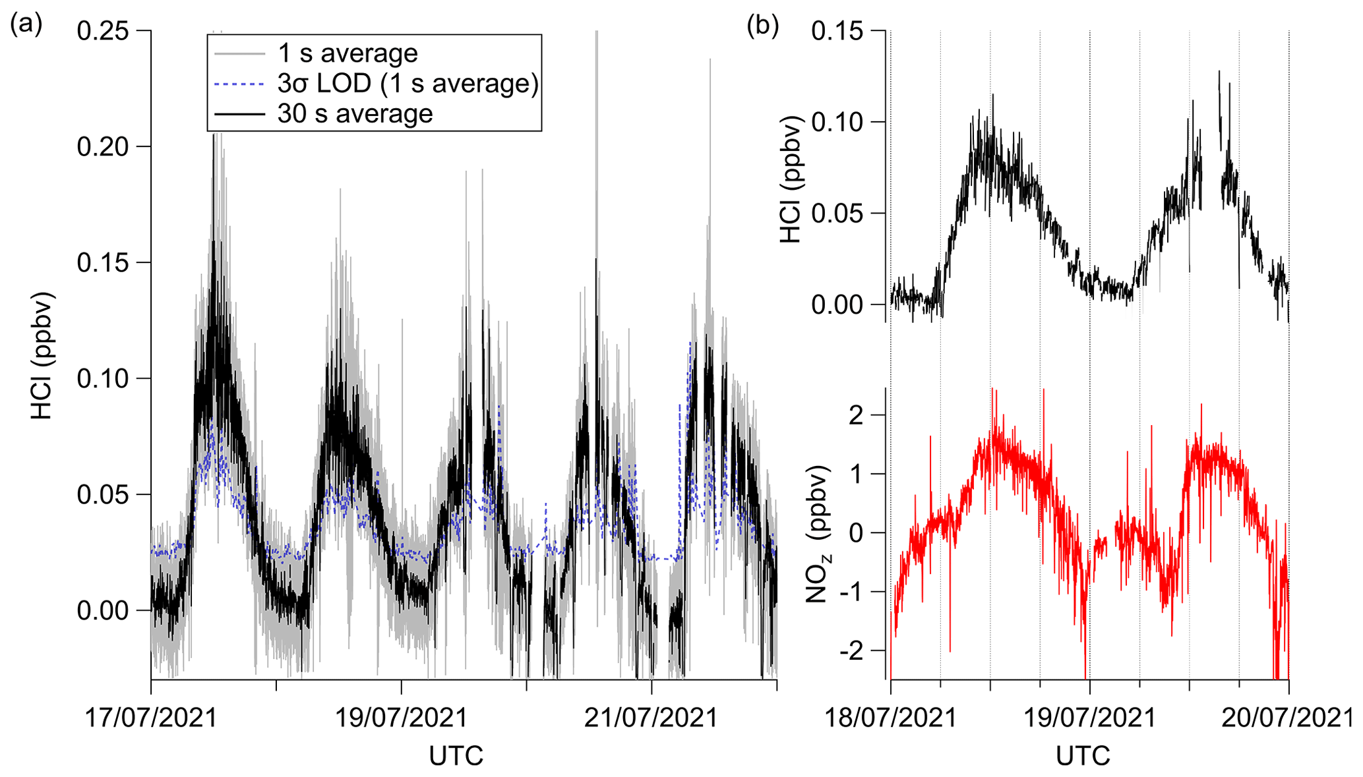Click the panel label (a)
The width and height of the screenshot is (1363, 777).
point(26,25)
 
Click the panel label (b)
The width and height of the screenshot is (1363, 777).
point(762,25)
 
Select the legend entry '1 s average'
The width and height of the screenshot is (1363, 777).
point(348,53)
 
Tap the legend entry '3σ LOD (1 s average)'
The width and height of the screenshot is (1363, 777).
point(408,84)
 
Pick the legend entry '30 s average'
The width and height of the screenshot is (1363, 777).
point(355,114)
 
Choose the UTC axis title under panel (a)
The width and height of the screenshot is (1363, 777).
point(456,756)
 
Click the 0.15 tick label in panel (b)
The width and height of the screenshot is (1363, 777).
point(837,31)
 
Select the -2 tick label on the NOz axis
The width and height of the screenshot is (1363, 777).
point(851,651)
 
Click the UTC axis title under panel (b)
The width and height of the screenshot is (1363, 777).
point(1083,756)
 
